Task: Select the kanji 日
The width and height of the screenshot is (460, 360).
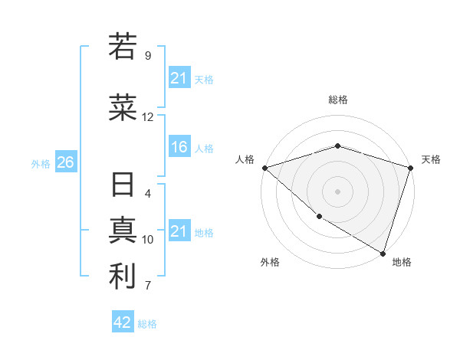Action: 123,187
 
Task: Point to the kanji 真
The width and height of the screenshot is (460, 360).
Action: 123,231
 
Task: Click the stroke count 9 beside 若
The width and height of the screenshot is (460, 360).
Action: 148,56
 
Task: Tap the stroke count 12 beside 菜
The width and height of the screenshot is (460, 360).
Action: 148,117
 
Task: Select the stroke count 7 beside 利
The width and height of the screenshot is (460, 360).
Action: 148,286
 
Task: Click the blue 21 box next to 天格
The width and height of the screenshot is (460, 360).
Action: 179,77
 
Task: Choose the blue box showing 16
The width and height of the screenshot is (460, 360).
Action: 179,148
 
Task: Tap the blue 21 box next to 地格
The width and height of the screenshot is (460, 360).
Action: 179,231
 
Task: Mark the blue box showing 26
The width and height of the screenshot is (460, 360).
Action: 65,162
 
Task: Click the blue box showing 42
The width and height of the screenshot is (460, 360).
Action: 123,322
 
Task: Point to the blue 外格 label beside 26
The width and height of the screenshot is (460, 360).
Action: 41,163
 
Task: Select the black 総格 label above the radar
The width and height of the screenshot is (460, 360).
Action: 337,100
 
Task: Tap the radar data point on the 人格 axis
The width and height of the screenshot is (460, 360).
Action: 264,168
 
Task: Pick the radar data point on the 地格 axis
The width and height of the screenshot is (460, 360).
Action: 383,253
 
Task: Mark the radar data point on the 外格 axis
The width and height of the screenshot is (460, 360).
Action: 318,217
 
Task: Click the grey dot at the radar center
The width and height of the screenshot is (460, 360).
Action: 337,191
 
